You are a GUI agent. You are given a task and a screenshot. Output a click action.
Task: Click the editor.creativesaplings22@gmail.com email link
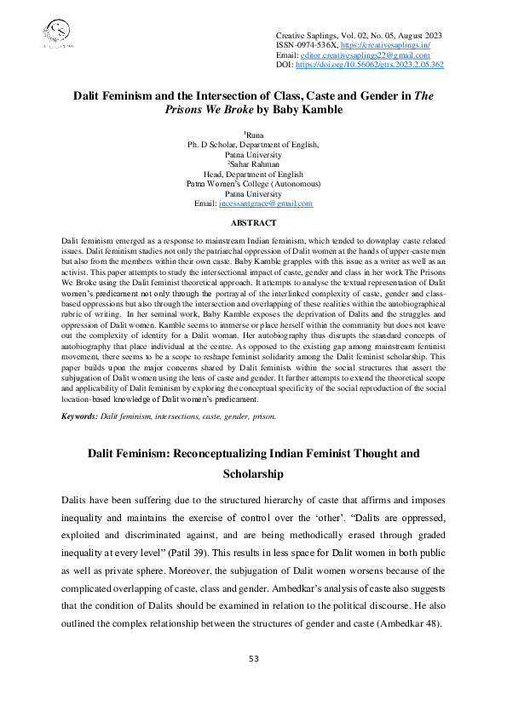click(x=374, y=53)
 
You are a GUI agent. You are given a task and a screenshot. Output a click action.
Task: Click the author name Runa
click(x=255, y=135)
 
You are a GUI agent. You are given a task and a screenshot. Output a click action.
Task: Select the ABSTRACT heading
click(x=253, y=222)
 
